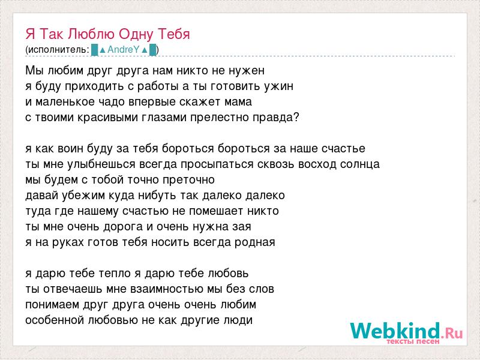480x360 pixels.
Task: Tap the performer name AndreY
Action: coord(124,50)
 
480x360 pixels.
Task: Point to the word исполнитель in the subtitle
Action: coord(58,50)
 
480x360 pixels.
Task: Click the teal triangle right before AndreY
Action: coord(103,50)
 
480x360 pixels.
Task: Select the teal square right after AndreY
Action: coord(153,50)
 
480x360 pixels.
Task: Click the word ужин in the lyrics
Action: coord(278,86)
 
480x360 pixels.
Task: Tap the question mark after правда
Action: coord(296,117)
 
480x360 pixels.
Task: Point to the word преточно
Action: coord(188,180)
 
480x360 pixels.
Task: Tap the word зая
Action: coord(242,227)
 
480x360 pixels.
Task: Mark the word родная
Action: coord(254,242)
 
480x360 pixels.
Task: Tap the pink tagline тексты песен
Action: coord(413,341)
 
